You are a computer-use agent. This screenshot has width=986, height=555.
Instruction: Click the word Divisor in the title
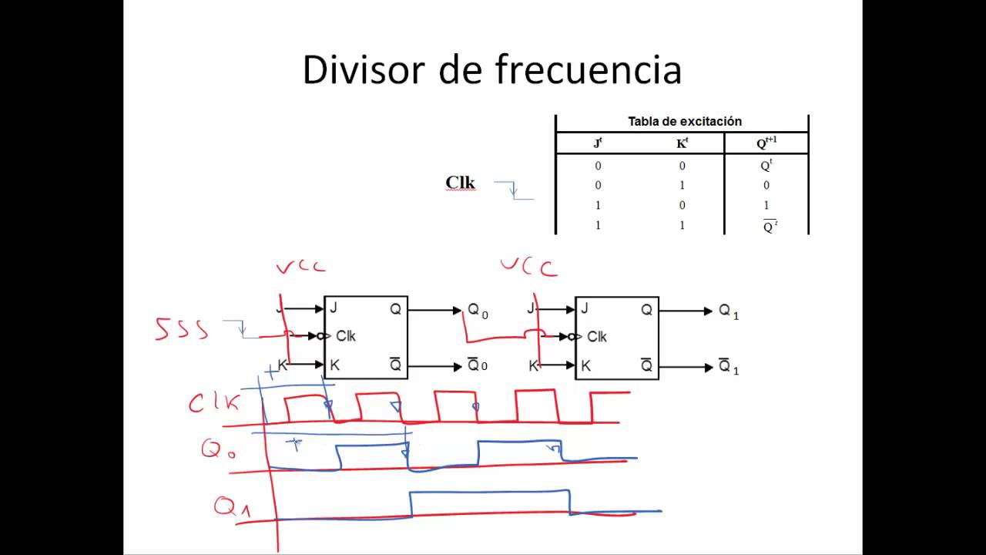[x=364, y=69]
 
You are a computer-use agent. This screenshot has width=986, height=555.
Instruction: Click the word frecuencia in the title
[x=589, y=69]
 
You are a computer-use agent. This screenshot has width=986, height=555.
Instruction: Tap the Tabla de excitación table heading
[x=685, y=121]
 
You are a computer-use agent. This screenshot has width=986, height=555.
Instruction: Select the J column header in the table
[x=598, y=143]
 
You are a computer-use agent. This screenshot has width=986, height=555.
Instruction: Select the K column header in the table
[x=682, y=143]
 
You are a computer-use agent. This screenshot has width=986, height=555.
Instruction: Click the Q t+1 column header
[x=766, y=143]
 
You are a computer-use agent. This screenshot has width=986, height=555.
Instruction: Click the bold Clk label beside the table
[x=460, y=183]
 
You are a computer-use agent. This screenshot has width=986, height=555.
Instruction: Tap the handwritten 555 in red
[x=181, y=329]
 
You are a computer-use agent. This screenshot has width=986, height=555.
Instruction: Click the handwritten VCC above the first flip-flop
[x=301, y=267]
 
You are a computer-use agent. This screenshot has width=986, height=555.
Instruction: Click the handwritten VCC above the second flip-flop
[x=529, y=267]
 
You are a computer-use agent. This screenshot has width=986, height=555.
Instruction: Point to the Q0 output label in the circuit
[x=478, y=311]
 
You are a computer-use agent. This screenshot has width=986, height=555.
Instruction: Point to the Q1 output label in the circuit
[x=729, y=311]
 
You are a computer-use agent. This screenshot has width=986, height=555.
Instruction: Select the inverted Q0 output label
[x=477, y=365]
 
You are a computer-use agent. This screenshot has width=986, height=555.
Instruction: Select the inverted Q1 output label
[x=729, y=366]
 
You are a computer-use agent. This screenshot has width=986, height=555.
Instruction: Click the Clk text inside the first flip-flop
[x=346, y=336]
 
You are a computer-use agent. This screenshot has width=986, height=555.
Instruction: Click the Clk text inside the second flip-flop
[x=596, y=337]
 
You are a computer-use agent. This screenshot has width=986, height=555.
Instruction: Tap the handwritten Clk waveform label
[x=214, y=402]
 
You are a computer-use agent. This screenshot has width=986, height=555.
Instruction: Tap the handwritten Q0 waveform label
[x=218, y=449]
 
